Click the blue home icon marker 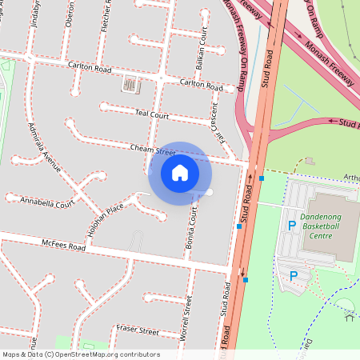[180, 173]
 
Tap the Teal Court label [152, 115]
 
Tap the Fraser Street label [137, 330]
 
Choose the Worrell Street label [186, 318]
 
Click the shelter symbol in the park [349, 317]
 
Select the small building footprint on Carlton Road [129, 83]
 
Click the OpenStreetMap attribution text [81, 354]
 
